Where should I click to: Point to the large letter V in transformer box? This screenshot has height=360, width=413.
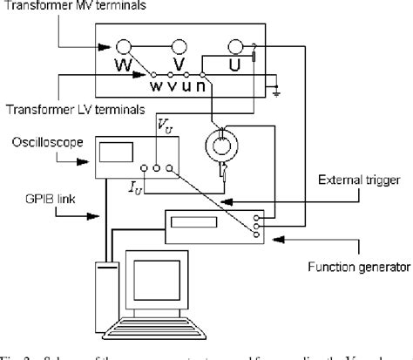coord(177,65)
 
